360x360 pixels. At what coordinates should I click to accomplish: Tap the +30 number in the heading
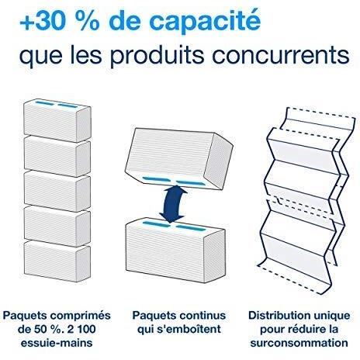coord(41,22)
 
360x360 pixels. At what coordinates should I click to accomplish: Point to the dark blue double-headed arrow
coord(172,204)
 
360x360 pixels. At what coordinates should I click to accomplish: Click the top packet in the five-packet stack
coord(57,120)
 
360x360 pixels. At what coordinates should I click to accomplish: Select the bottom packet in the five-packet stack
coord(57,261)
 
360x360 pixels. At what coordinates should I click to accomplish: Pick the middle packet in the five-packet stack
coord(57,191)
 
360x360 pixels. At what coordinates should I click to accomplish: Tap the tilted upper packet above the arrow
coord(178,158)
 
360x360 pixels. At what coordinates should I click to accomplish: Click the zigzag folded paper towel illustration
coord(305,200)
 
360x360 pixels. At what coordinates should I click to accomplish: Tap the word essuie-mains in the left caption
coord(57,343)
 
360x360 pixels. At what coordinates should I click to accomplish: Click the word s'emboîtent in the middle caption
coord(192,329)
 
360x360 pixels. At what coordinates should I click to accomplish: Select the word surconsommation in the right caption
coord(299,343)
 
